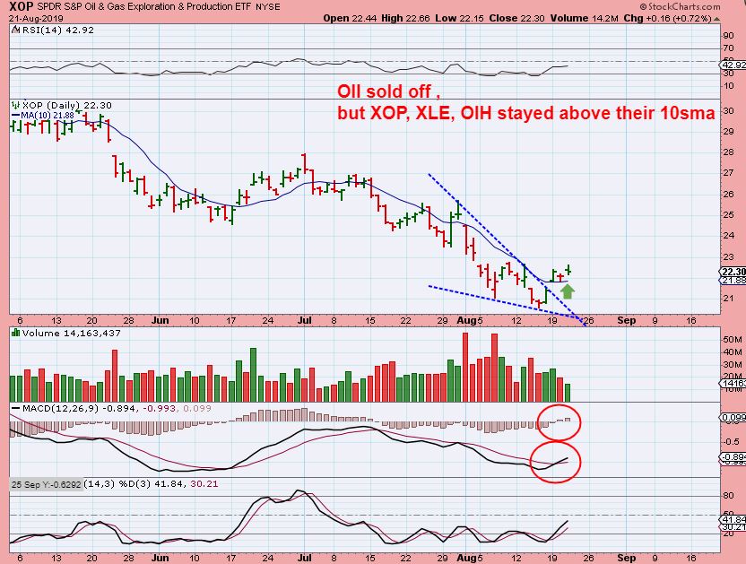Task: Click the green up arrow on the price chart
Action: click(567, 290)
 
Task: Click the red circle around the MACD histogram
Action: click(560, 421)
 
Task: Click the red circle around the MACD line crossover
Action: click(555, 461)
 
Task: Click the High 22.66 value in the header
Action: click(401, 18)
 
